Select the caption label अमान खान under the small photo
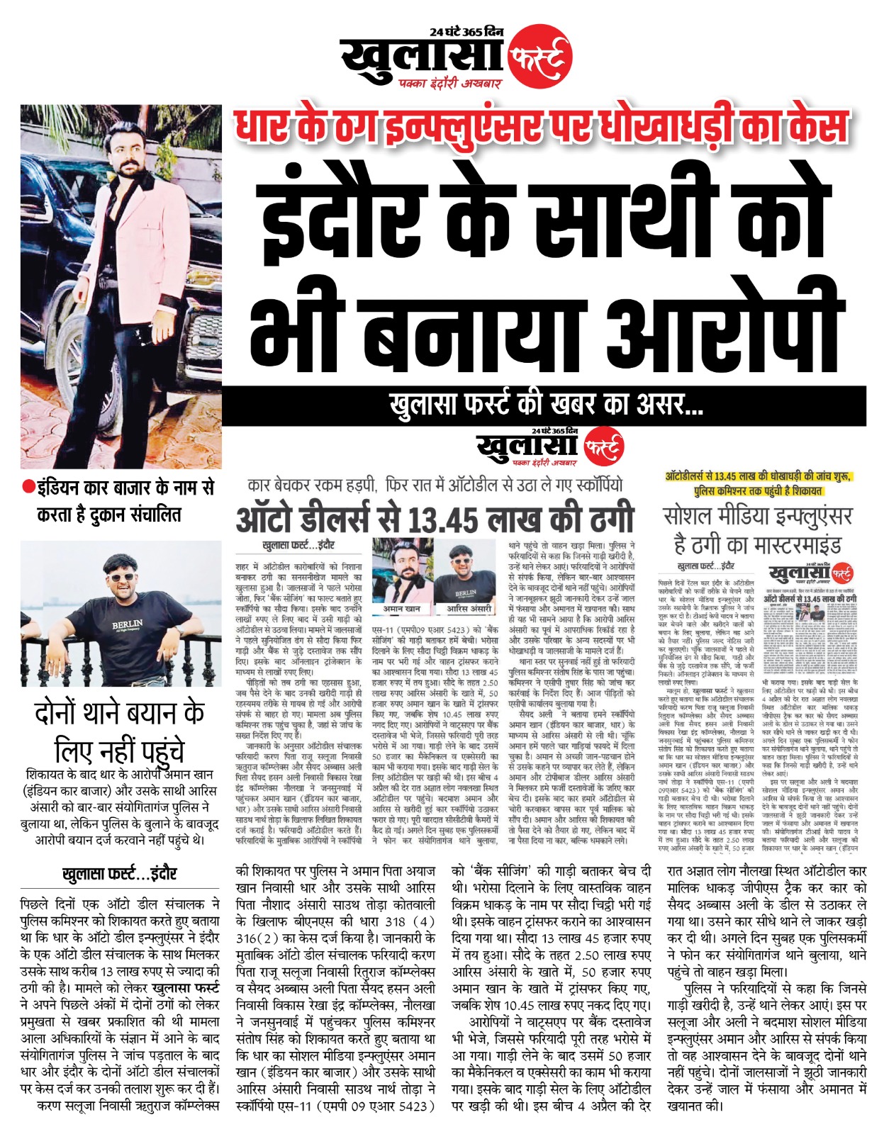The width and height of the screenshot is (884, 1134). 401,608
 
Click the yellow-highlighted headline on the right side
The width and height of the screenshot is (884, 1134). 758,483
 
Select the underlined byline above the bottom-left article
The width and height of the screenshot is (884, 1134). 119,874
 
